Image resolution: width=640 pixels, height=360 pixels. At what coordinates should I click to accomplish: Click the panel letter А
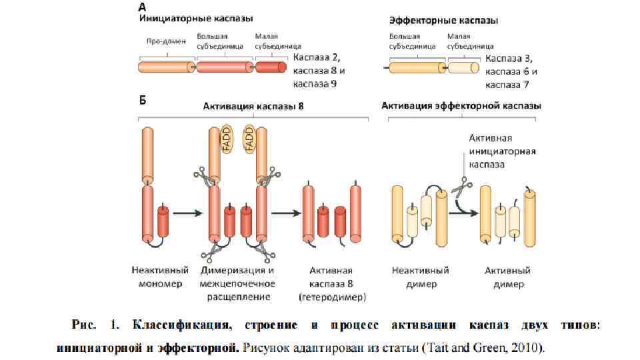point(143,7)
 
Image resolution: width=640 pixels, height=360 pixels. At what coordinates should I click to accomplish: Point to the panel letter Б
point(143,101)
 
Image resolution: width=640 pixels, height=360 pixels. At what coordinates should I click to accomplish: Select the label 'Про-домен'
point(166,41)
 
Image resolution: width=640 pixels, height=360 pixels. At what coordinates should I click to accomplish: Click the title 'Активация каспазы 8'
point(253,106)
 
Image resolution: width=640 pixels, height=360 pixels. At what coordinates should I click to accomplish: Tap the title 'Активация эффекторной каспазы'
point(461,106)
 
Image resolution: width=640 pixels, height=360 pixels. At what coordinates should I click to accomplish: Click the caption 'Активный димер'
point(507,277)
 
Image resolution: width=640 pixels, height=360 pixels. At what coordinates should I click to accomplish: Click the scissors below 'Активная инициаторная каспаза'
point(458,189)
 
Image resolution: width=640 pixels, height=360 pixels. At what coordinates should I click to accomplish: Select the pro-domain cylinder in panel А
point(166,67)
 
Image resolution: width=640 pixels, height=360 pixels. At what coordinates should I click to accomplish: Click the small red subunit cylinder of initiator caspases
point(271,67)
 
